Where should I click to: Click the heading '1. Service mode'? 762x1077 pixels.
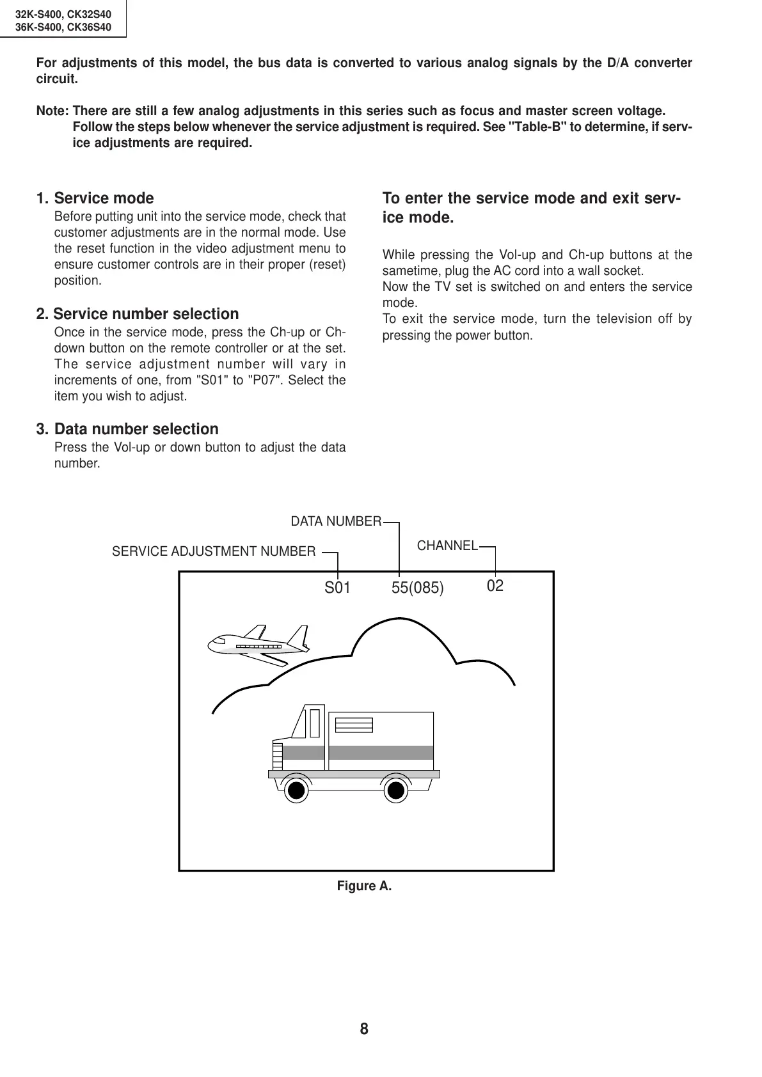coord(95,198)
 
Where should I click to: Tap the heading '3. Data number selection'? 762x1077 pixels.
coord(127,429)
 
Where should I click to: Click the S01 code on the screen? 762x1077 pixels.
coord(337,588)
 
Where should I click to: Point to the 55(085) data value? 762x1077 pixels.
coord(417,588)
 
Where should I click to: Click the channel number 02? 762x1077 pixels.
coord(495,586)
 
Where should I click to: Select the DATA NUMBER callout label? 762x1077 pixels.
coord(336,522)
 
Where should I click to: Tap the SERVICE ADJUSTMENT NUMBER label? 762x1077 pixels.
coord(214,551)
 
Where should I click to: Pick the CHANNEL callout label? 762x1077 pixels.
coord(447,546)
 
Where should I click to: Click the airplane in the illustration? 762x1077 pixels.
coord(259,643)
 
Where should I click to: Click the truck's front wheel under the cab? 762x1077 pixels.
coord(295,790)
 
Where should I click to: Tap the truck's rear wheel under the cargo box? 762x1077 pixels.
coord(397,790)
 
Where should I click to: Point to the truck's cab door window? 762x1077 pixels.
coord(314,723)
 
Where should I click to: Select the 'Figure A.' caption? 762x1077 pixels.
coord(364,886)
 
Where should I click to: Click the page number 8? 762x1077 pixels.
coord(364,1029)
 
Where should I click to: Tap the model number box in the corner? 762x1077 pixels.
coord(63,19)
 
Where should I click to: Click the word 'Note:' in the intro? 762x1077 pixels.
coord(53,111)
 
